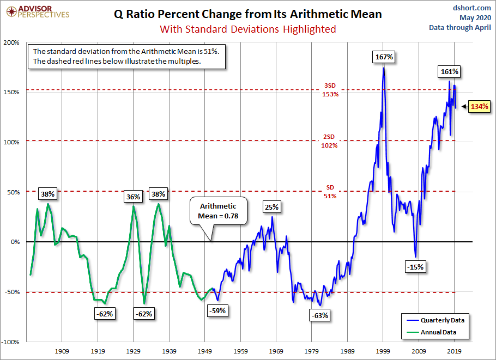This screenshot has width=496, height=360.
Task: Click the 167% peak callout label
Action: click(x=384, y=57)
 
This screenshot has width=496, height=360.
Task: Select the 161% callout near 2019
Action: click(x=450, y=71)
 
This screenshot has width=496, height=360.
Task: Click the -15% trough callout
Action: click(x=415, y=267)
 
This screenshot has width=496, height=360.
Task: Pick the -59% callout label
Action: click(x=217, y=310)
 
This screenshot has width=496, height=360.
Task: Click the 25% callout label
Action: click(x=272, y=207)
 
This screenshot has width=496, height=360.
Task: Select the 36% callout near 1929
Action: click(x=134, y=196)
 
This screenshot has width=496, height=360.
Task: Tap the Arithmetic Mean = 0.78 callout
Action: click(x=218, y=210)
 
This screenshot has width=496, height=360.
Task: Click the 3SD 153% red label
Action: click(x=330, y=90)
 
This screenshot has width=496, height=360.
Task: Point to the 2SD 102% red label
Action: click(x=330, y=141)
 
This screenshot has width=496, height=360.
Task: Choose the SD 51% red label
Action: click(x=330, y=192)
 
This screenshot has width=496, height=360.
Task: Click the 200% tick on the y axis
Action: click(x=12, y=42)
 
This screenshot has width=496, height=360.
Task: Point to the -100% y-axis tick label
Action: click(x=11, y=342)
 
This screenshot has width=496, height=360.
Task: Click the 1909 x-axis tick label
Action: click(x=62, y=351)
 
